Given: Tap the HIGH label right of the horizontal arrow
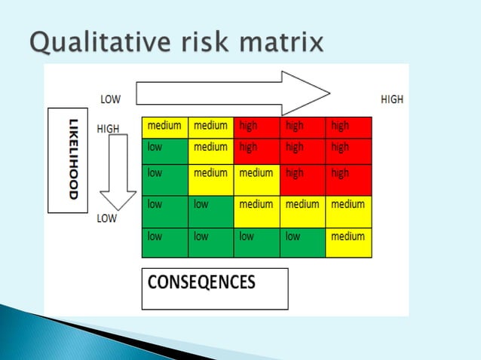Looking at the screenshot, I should coord(392,99).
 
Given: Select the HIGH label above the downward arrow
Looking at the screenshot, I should coord(108,129).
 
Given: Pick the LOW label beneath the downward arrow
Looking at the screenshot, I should coord(106,220).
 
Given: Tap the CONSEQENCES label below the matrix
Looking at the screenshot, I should coord(201,284).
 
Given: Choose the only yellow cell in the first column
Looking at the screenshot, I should coord(164,127).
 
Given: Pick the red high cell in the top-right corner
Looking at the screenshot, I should coord(349,127).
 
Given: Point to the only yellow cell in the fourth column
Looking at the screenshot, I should coord(302,212).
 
